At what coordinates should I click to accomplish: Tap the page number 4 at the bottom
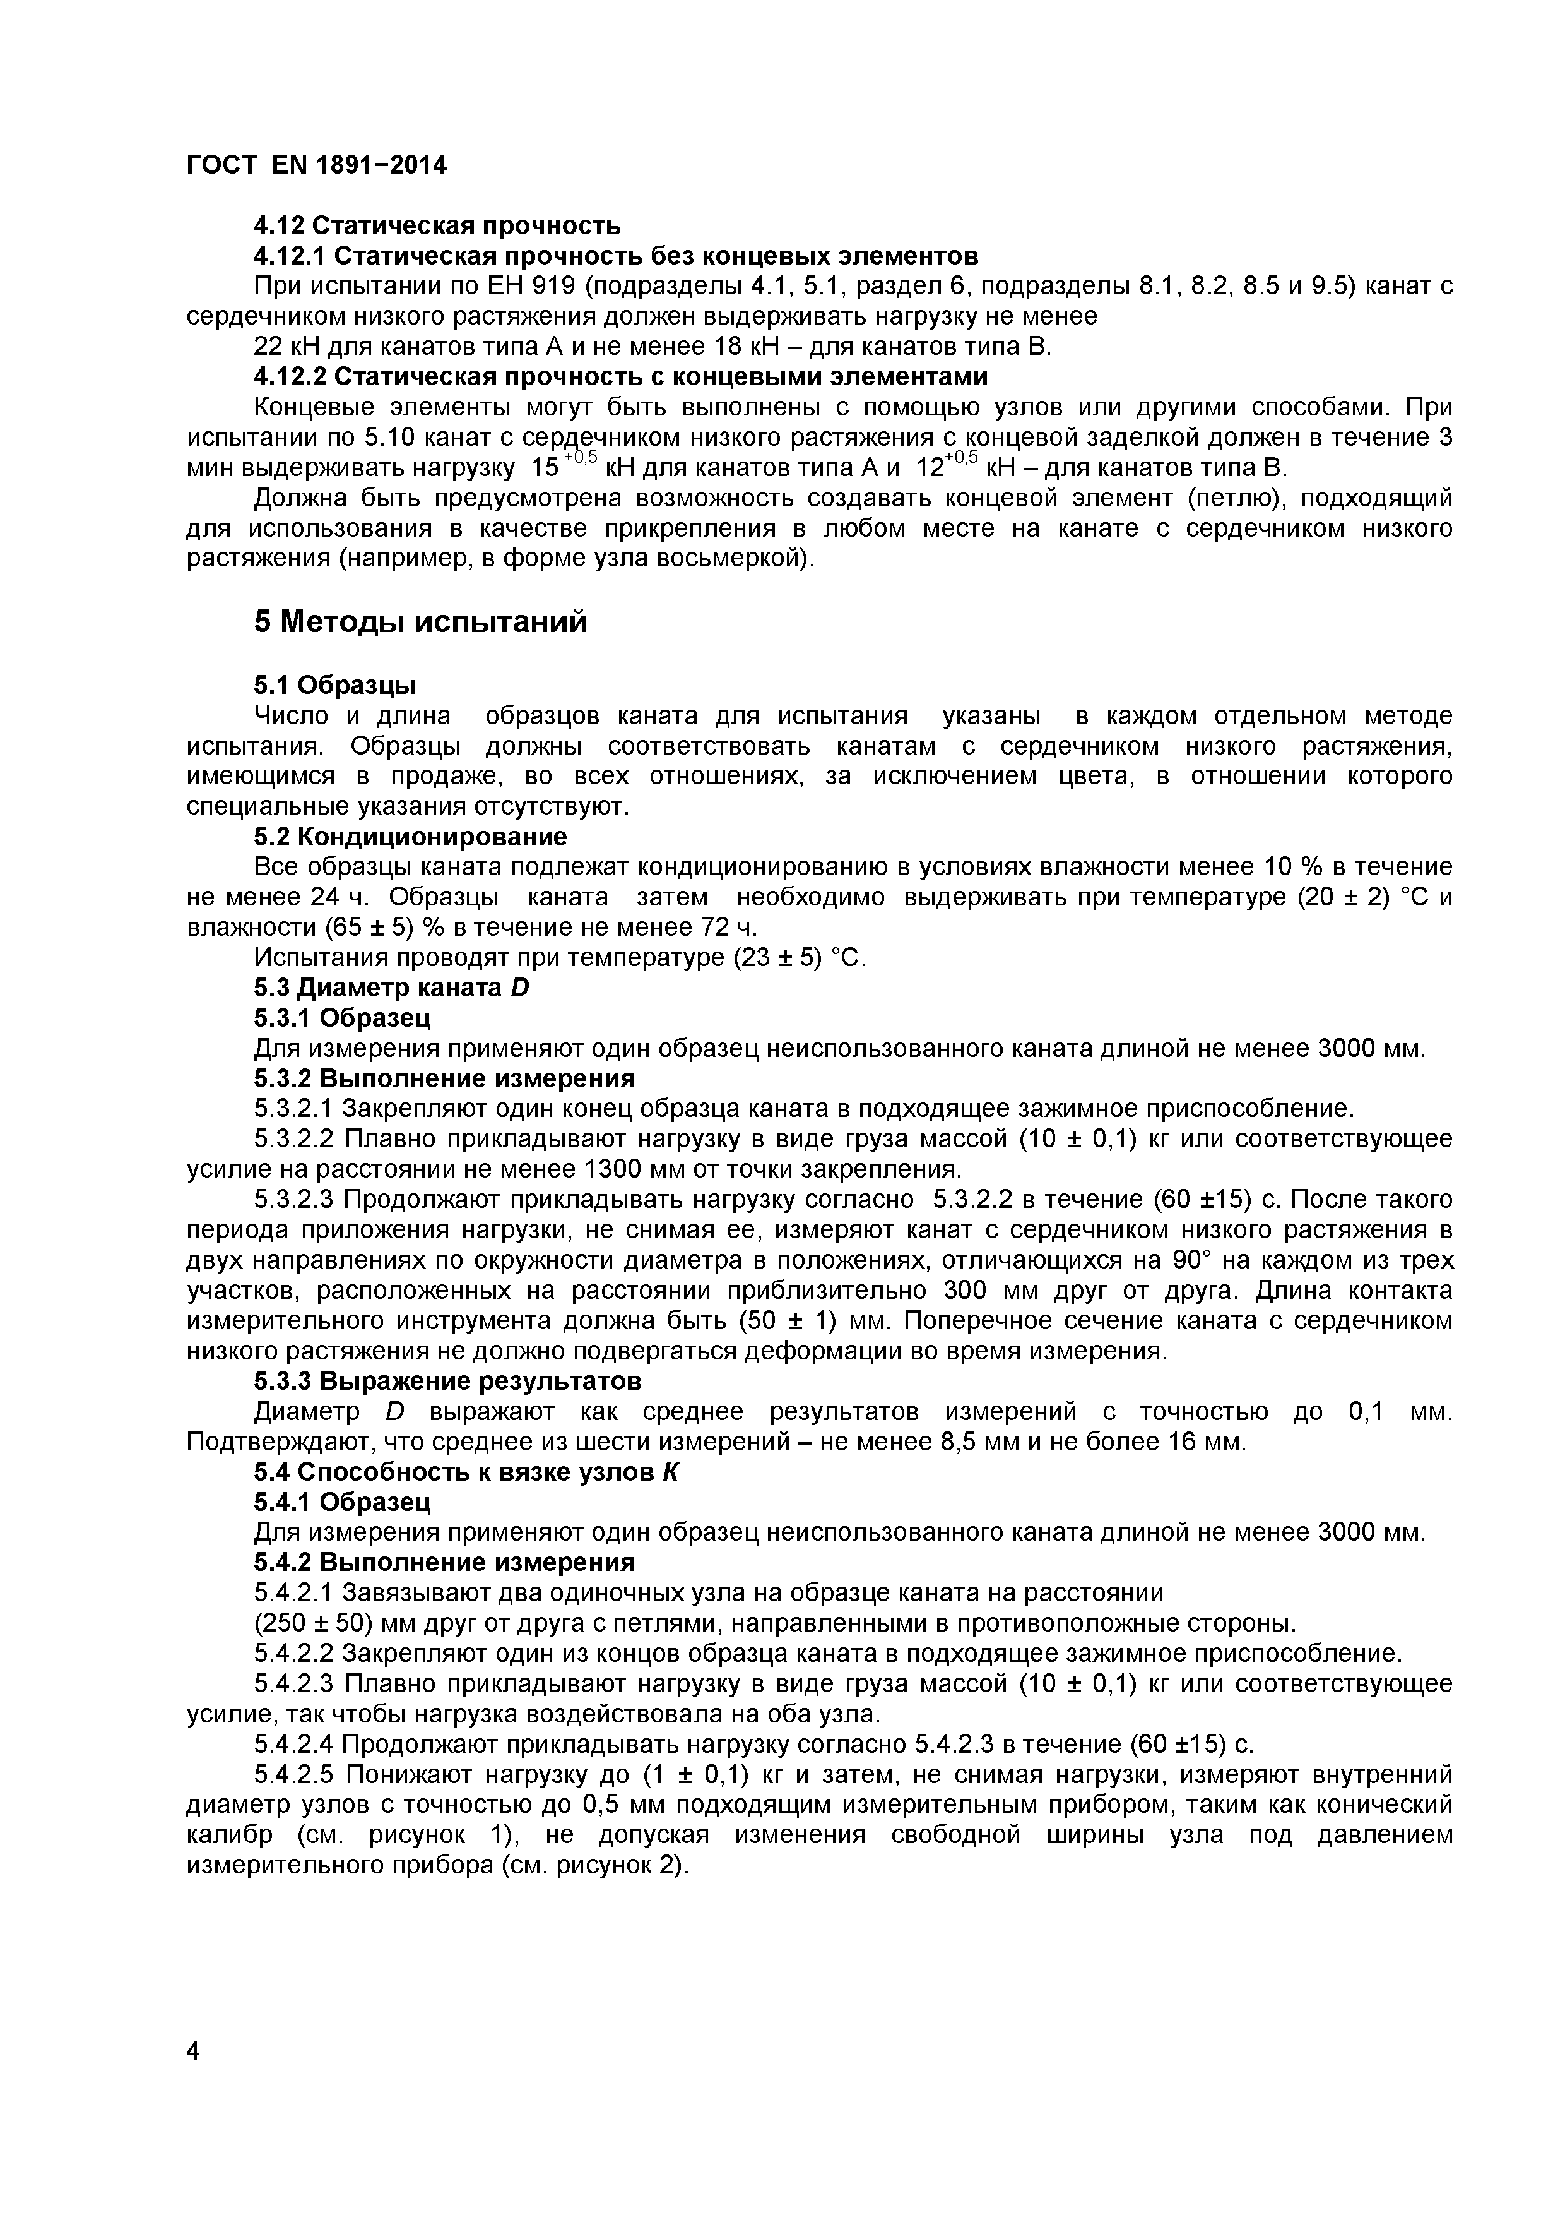(x=193, y=2078)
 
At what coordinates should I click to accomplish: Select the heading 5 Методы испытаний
(x=420, y=622)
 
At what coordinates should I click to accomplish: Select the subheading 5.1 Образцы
(x=334, y=685)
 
